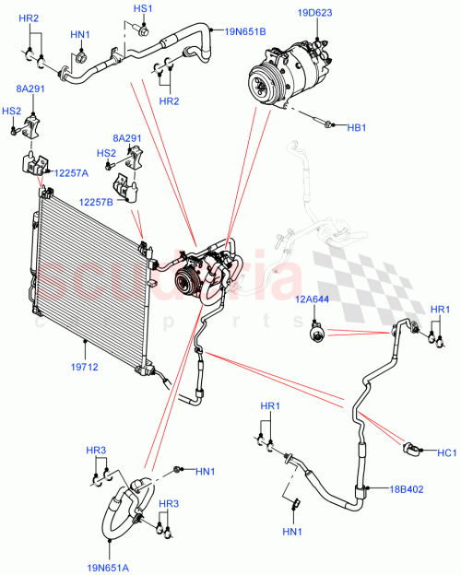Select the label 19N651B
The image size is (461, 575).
coord(244,30)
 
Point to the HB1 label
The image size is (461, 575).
coord(357,127)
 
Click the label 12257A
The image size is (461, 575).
coord(70,173)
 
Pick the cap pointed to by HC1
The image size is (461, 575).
coord(413,449)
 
